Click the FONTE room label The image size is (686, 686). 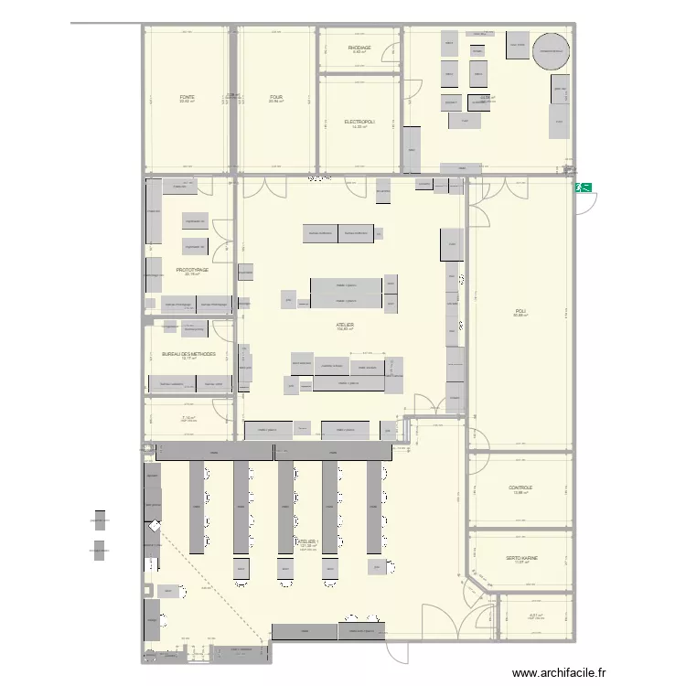coord(187,97)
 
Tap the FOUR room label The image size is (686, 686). coord(275,97)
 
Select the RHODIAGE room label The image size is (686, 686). coord(359,48)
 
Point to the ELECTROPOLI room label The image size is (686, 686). coord(359,122)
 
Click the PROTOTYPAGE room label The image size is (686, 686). coord(192,270)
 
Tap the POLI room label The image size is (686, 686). coord(520,311)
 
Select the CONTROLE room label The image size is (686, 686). coord(520,488)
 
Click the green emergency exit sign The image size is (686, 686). coord(583,188)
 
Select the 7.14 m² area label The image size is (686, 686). coord(188,418)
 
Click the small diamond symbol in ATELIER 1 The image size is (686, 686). coord(154,527)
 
